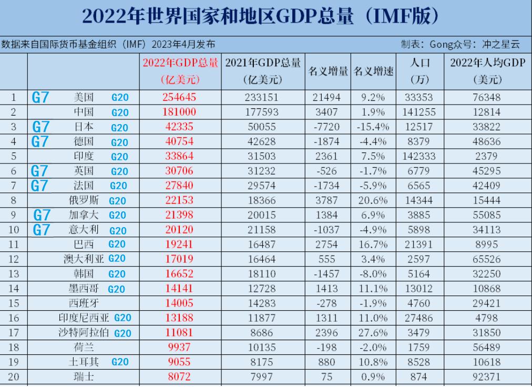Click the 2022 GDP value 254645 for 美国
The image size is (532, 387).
[x=180, y=97]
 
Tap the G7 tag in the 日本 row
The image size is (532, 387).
[x=41, y=127]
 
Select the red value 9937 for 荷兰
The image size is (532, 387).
[x=180, y=348]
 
